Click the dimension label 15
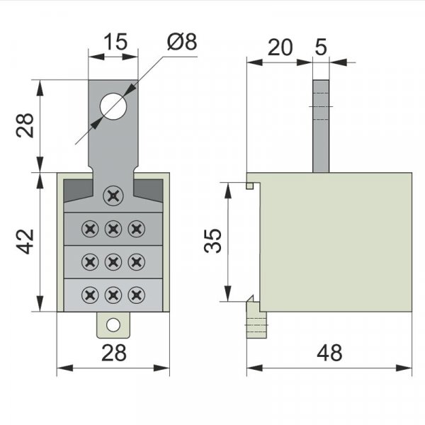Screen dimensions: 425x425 (x=115, y=42)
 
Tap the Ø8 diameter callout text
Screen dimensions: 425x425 (x=182, y=42)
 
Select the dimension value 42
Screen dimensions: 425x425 (x=25, y=242)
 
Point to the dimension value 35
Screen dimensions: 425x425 (x=212, y=241)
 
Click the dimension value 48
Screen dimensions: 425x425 (x=329, y=353)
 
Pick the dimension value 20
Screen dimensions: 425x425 (x=280, y=47)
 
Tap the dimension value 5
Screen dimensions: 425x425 (x=321, y=47)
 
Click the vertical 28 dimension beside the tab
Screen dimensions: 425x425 (x=25, y=125)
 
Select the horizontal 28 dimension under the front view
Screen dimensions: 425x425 (x=114, y=353)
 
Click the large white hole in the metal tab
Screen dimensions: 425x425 (x=113, y=106)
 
